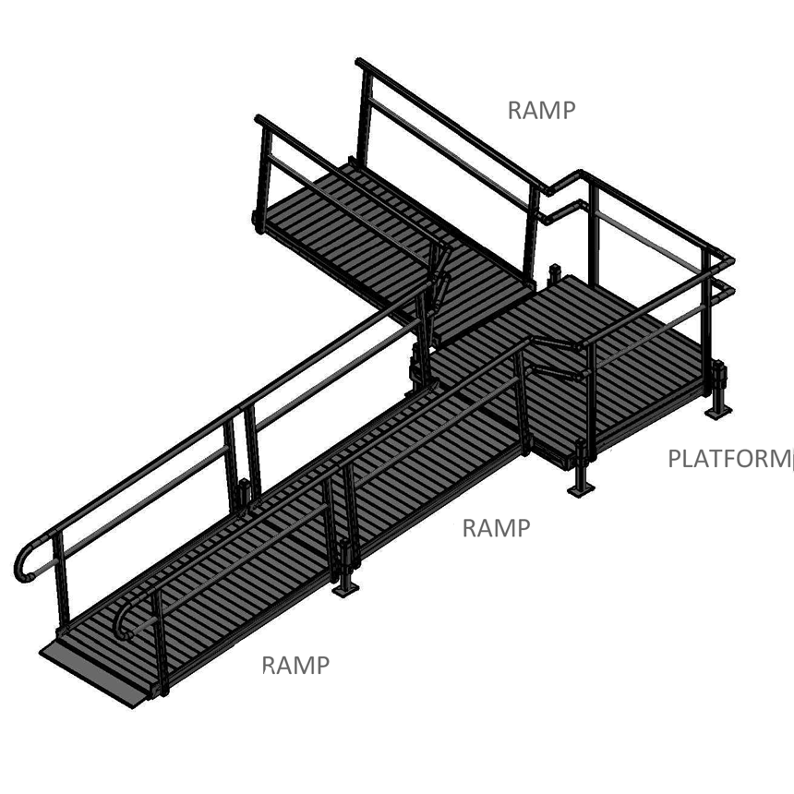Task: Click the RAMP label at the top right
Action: pyautogui.click(x=541, y=111)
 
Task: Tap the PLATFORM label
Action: pyautogui.click(x=728, y=459)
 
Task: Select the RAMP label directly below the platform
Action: pyautogui.click(x=496, y=529)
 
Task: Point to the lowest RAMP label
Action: pyautogui.click(x=295, y=666)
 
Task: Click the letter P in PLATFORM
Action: pyautogui.click(x=675, y=459)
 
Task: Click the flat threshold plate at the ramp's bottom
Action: pyautogui.click(x=92, y=672)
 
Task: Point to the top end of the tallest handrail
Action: pyautogui.click(x=361, y=64)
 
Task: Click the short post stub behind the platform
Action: pyautogui.click(x=555, y=273)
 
